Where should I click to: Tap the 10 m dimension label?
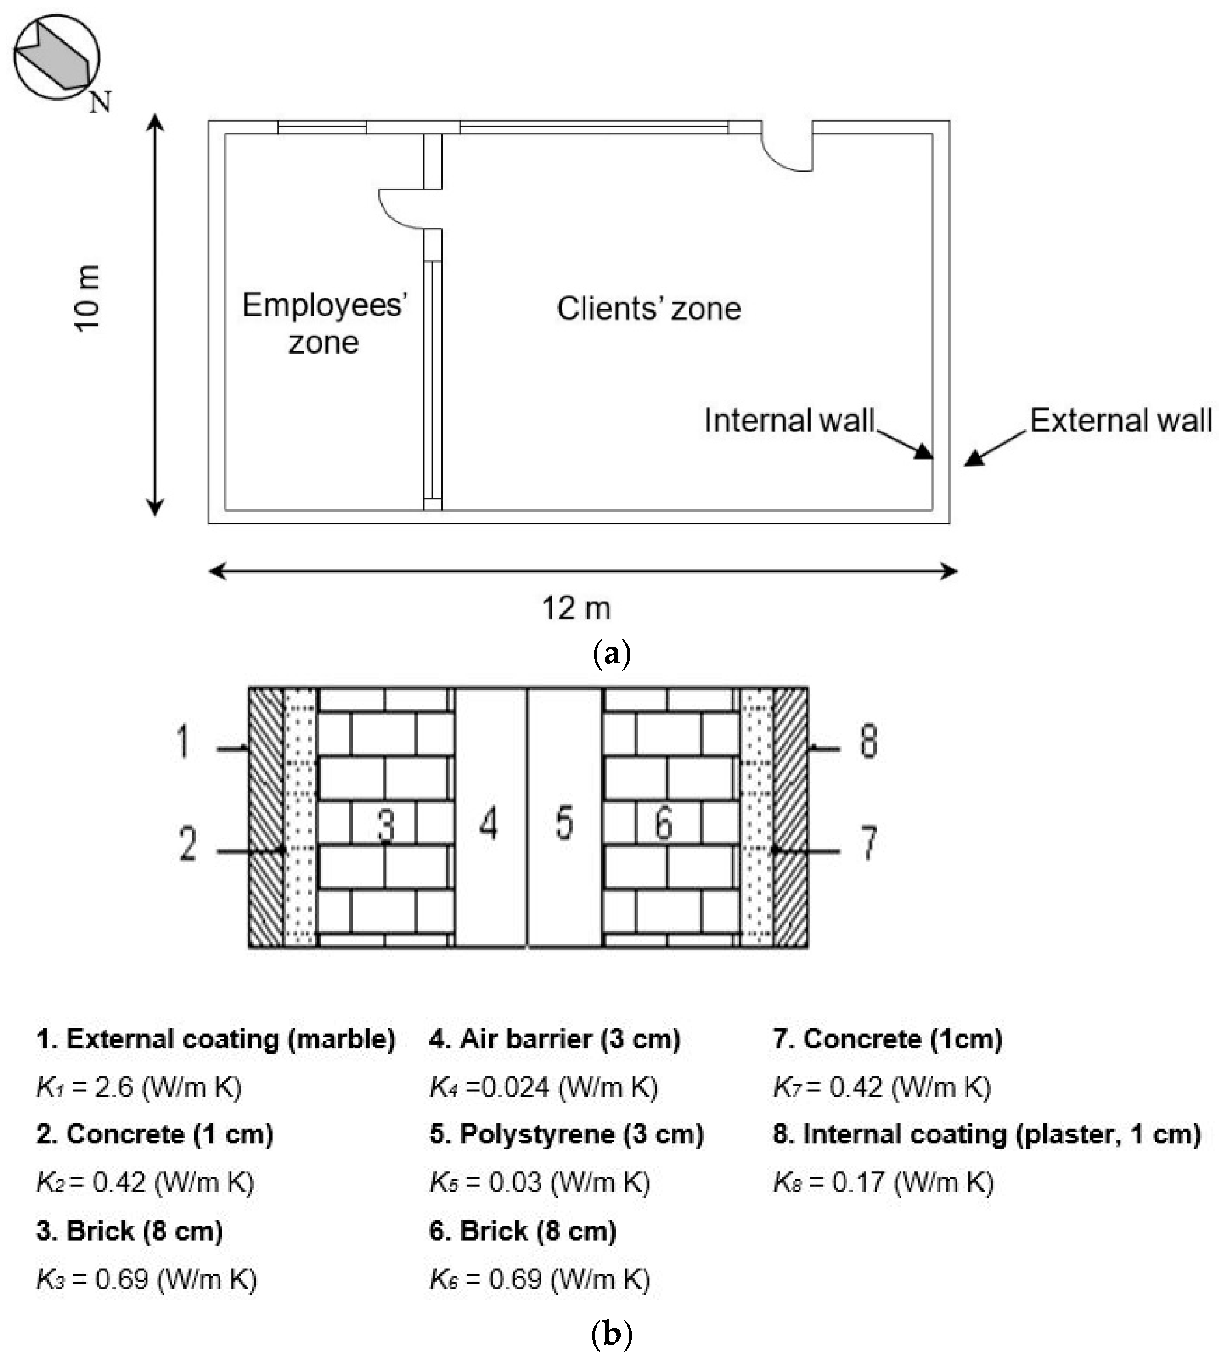(x=88, y=298)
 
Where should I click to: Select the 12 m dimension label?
(x=576, y=608)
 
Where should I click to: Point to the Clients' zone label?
(x=648, y=309)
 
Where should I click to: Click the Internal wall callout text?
(x=789, y=420)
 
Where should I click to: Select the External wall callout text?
(x=1120, y=420)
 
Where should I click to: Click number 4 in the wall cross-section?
(x=489, y=823)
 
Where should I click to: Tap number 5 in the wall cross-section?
(x=565, y=823)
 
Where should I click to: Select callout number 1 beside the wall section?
(x=183, y=742)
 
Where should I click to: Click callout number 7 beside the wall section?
(x=869, y=843)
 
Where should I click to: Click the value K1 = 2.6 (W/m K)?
(x=139, y=1087)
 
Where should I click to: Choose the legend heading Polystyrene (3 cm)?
(x=566, y=1134)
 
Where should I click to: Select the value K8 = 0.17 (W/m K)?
(x=883, y=1182)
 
